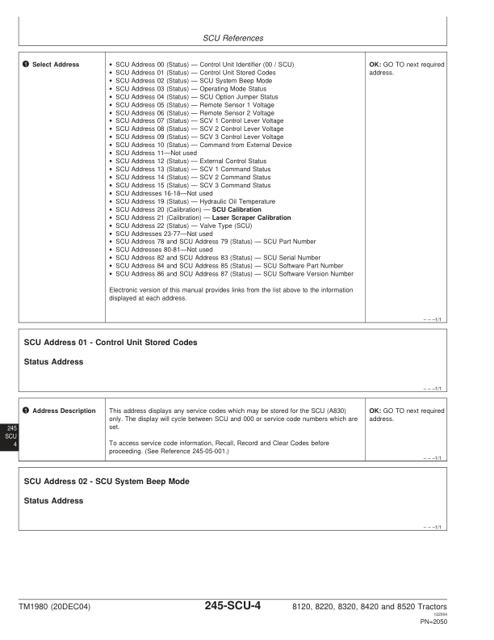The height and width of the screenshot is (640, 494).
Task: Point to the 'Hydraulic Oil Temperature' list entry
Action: coord(237,201)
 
